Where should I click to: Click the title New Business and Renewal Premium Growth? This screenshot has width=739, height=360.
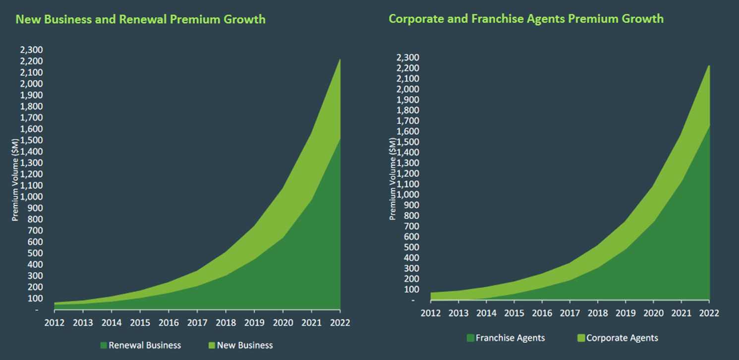pyautogui.click(x=141, y=19)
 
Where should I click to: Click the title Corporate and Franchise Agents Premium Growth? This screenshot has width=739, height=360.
pyautogui.click(x=526, y=19)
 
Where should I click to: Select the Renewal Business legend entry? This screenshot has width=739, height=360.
pyautogui.click(x=145, y=345)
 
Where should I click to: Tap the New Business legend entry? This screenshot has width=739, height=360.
pyautogui.click(x=245, y=345)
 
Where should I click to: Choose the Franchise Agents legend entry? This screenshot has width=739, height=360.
pyautogui.click(x=510, y=338)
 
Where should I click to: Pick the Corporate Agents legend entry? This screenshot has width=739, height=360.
pyautogui.click(x=622, y=338)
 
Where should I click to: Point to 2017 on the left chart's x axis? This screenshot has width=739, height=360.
pyautogui.click(x=197, y=322)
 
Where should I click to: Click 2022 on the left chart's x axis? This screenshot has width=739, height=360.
pyautogui.click(x=340, y=322)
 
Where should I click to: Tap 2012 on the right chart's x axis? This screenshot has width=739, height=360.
pyautogui.click(x=431, y=313)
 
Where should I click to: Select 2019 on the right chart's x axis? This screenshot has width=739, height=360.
pyautogui.click(x=625, y=313)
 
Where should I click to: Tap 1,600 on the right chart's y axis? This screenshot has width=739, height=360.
pyautogui.click(x=409, y=131)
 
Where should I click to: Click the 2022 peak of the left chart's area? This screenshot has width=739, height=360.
pyautogui.click(x=340, y=60)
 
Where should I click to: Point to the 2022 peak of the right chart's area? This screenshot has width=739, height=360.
pyautogui.click(x=709, y=66)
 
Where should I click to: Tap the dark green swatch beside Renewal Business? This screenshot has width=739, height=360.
pyautogui.click(x=103, y=345)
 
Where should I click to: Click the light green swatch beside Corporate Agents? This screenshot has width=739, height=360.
pyautogui.click(x=581, y=338)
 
